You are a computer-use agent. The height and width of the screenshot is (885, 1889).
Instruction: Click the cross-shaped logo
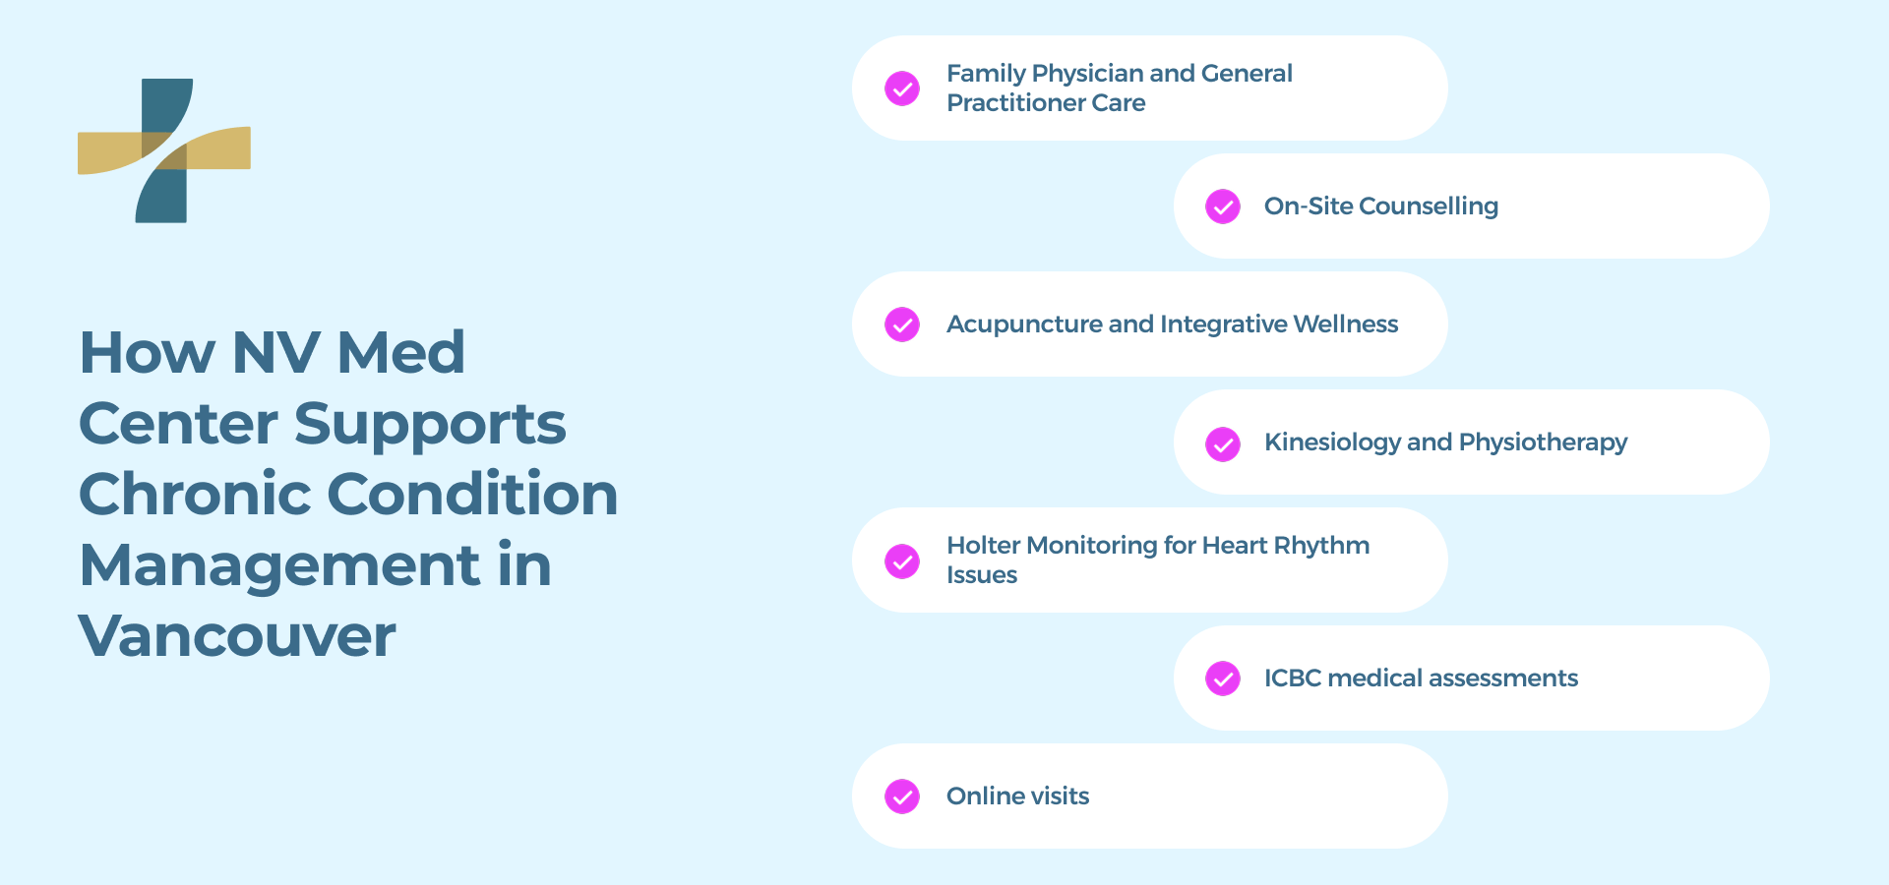164,150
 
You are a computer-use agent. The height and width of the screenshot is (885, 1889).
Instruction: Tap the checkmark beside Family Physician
902,88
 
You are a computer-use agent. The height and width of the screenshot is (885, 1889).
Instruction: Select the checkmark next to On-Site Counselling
1223,206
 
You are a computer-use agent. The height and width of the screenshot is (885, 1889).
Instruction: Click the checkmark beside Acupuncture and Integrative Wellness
902,324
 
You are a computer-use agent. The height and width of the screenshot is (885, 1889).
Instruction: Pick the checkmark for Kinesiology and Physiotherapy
1223,443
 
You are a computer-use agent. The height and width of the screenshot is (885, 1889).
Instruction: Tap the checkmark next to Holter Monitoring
902,561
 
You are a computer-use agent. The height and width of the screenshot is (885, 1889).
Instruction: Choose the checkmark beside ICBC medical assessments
1223,678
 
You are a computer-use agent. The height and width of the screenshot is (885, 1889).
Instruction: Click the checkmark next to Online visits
902,796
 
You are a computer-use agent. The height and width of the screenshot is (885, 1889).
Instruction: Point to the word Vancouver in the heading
237,636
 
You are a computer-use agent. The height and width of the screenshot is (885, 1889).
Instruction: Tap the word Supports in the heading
430,424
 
